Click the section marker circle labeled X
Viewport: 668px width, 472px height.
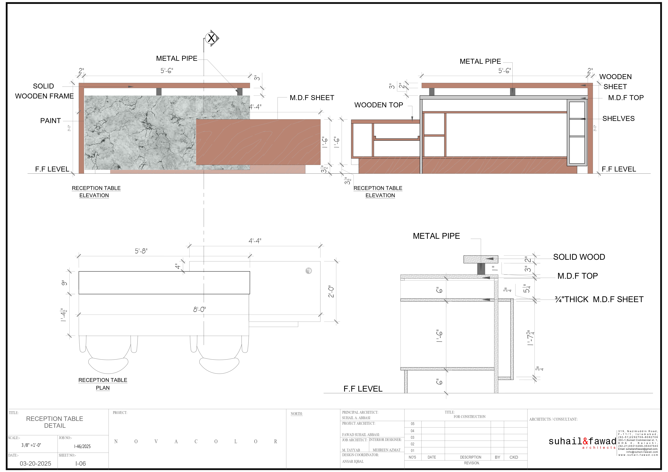click(211, 38)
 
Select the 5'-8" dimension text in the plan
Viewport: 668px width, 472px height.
click(141, 251)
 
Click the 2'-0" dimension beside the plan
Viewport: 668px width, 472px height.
click(331, 291)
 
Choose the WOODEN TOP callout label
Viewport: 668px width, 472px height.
click(378, 105)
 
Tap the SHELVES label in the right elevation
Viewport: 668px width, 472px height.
click(618, 119)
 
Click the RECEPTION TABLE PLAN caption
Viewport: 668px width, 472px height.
click(103, 384)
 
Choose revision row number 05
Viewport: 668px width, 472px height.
click(413, 424)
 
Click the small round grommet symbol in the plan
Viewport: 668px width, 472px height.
click(309, 271)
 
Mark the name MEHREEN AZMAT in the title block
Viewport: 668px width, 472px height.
click(386, 450)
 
